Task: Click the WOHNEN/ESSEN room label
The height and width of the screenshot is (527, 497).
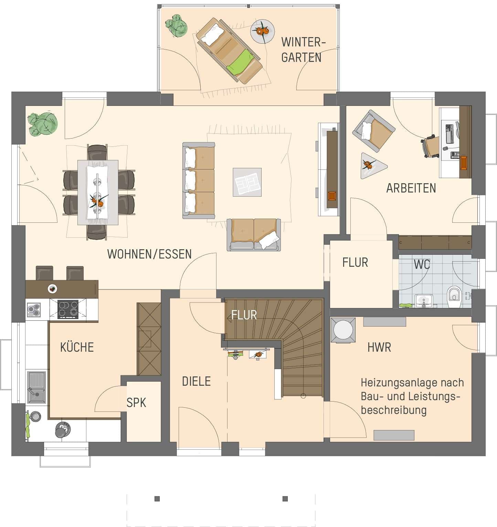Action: coord(149,254)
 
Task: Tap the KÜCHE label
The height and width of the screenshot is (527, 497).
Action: coord(77,347)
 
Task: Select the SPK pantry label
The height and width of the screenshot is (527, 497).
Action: coord(136,403)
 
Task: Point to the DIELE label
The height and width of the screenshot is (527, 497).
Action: coord(196,381)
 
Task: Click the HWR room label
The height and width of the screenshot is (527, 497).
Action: coord(379,348)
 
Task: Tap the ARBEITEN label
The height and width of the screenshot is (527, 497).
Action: coord(411,188)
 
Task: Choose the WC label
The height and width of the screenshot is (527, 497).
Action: coord(422,264)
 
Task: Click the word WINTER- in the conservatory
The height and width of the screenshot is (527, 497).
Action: coord(303,42)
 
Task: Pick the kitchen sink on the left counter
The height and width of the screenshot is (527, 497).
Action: coord(36,387)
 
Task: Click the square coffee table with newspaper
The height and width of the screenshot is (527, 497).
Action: coord(247,182)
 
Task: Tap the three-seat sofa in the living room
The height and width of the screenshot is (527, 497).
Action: coord(199,180)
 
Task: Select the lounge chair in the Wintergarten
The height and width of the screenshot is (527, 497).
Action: coord(229,51)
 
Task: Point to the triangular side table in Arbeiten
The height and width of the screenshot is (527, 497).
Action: coord(371,166)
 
